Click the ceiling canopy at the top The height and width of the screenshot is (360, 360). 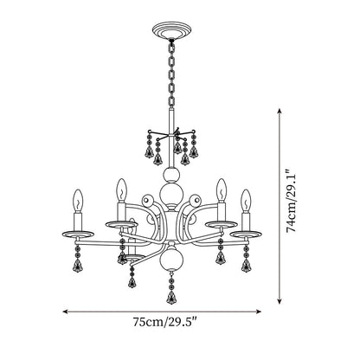point(171,30)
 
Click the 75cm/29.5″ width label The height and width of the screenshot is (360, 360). point(165,322)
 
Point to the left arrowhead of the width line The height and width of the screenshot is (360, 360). point(66,312)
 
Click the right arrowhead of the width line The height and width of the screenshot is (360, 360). point(259,312)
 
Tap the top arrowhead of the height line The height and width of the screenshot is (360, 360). point(279,111)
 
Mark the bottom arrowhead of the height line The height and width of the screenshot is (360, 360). point(279,301)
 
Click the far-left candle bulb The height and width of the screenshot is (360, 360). point(78,201)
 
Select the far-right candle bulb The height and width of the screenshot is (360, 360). point(246,201)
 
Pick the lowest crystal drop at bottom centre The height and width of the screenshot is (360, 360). point(171,298)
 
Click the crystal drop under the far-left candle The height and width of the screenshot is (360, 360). point(78,267)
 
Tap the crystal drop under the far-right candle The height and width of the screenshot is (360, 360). point(246,267)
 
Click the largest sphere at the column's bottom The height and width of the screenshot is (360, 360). point(171,260)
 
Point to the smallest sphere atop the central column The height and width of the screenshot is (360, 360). point(171,175)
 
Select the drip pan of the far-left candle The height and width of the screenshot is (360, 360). point(78,234)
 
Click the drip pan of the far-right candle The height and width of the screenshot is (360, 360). point(246,234)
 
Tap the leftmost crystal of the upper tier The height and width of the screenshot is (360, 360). point(149,151)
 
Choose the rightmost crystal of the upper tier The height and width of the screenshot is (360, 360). point(193,151)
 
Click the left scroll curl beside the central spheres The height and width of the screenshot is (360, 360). point(148,200)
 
